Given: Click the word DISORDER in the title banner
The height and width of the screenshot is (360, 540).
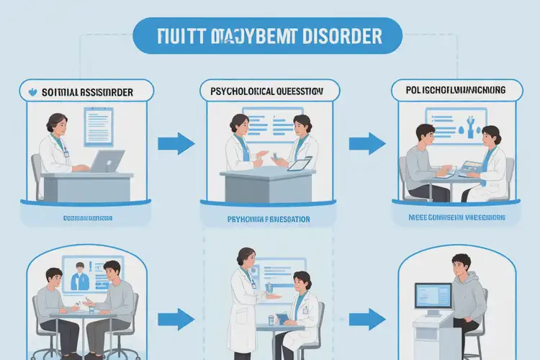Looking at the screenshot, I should (343, 35).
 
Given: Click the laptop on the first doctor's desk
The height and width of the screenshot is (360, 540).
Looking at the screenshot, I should (107, 161).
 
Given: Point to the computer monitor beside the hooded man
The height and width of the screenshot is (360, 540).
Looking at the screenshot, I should (433, 297).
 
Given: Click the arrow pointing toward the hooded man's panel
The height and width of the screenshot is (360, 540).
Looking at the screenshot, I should (366, 317).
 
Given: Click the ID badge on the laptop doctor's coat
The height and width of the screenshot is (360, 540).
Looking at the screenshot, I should (66, 153).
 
